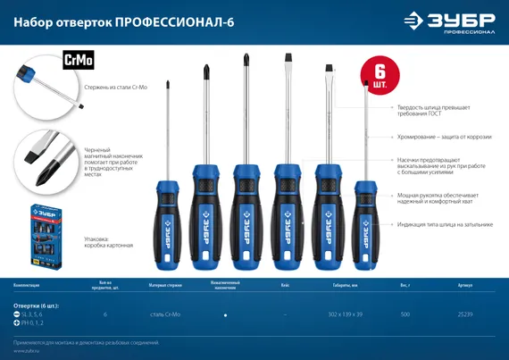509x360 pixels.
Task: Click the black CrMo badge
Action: pyautogui.click(x=79, y=62)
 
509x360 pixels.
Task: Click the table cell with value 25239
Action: pyautogui.click(x=465, y=315)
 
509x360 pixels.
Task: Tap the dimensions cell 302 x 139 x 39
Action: pyautogui.click(x=345, y=315)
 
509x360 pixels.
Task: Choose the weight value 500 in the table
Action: pyautogui.click(x=405, y=315)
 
